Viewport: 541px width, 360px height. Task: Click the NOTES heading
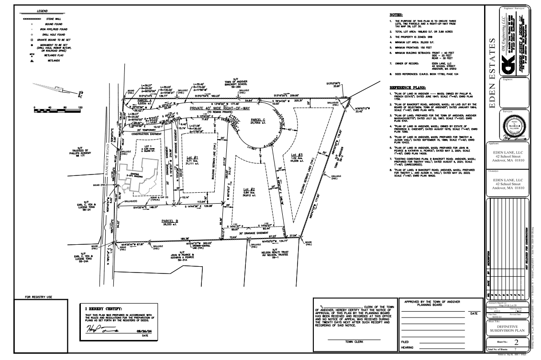click(397, 15)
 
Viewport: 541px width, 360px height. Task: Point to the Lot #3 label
click(295, 156)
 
